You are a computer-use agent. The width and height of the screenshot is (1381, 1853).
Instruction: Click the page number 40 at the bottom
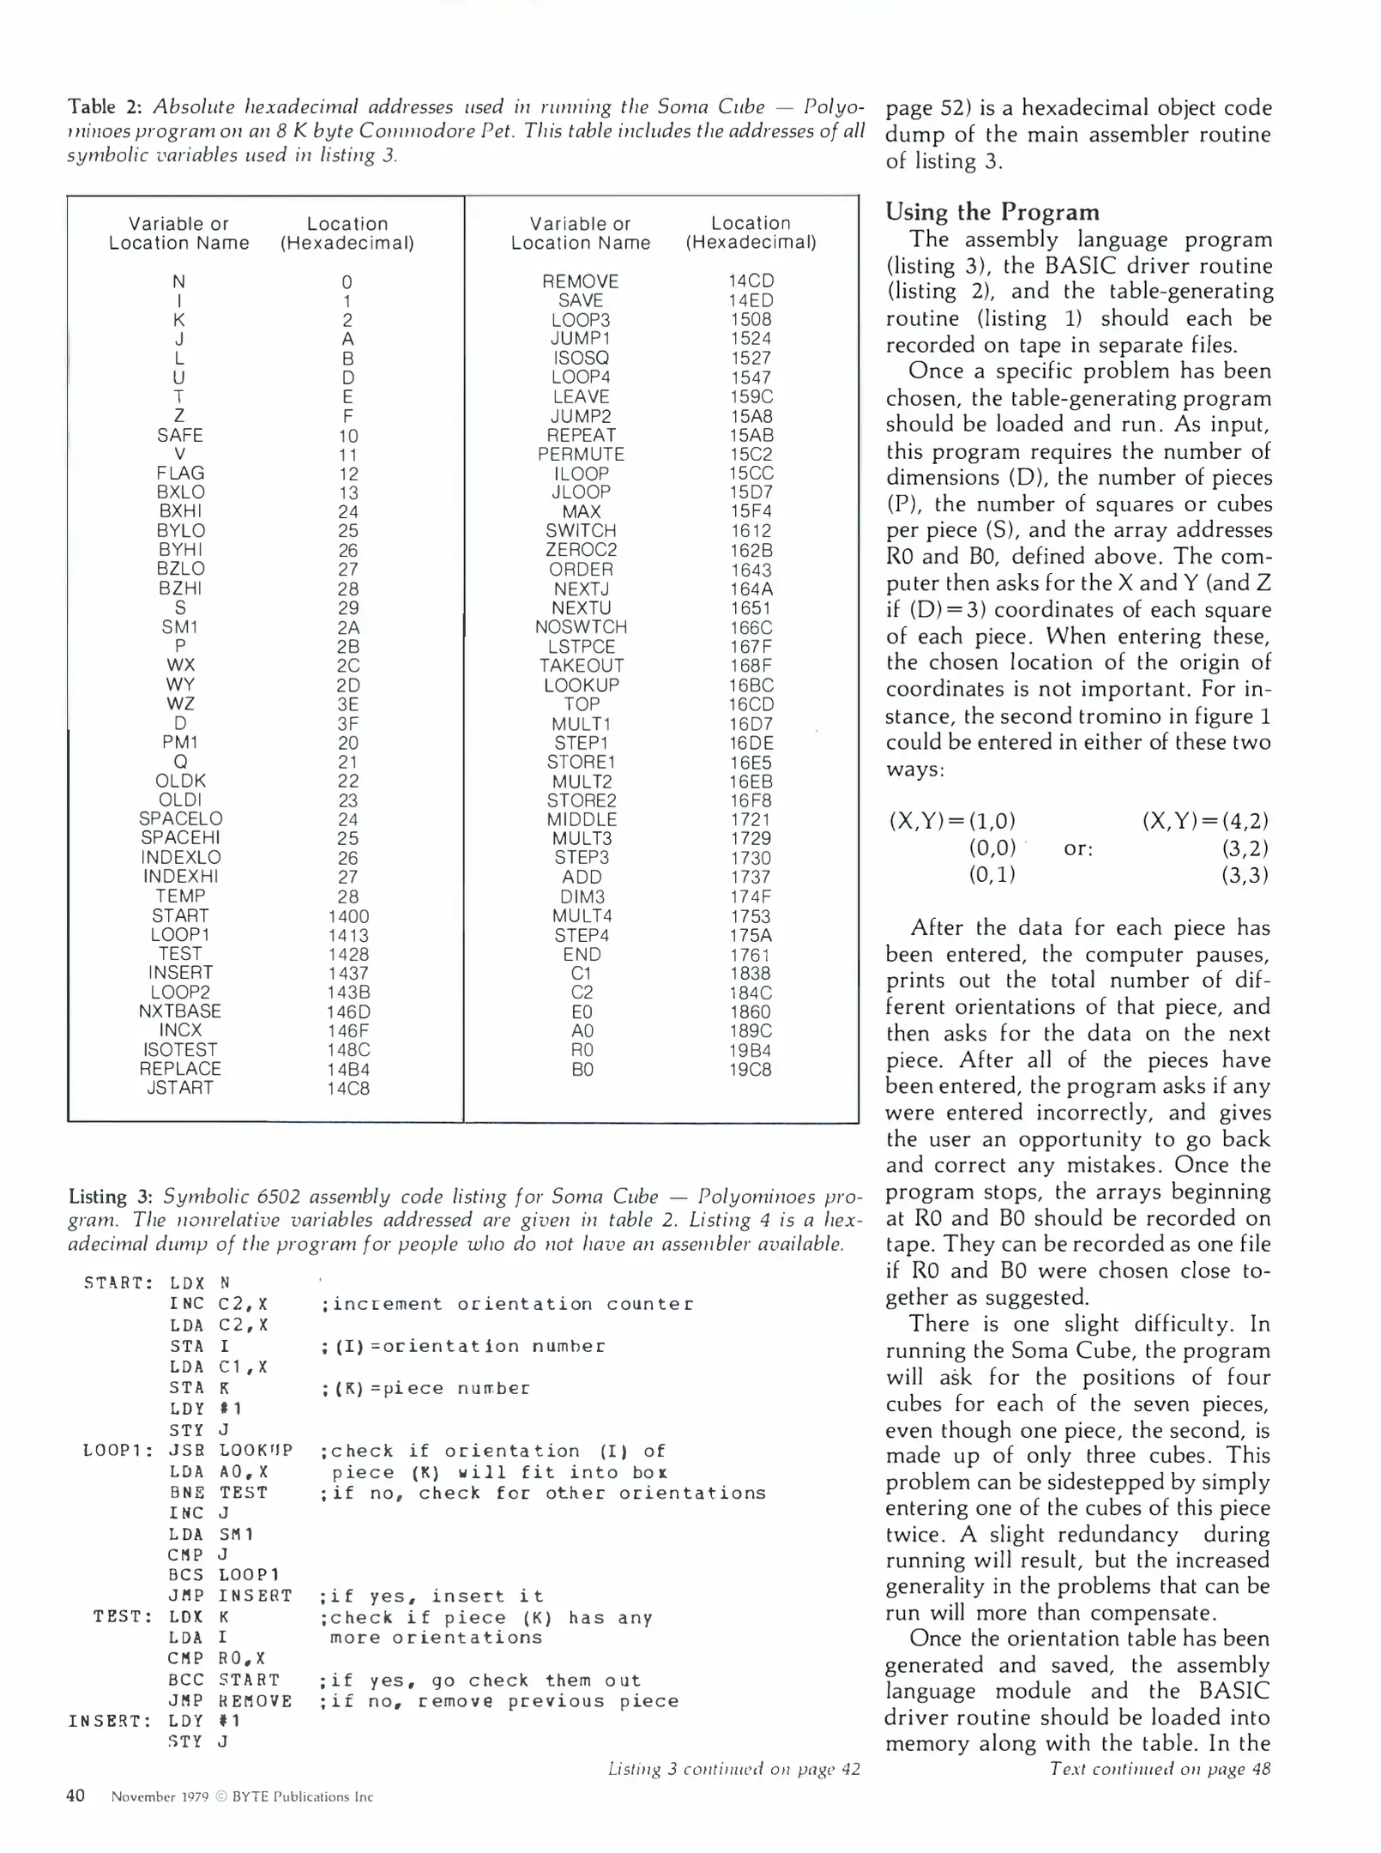pyautogui.click(x=75, y=1796)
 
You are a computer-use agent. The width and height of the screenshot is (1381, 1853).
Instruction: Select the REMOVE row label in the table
pyautogui.click(x=580, y=281)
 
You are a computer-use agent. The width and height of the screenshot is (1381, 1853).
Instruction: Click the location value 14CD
pyautogui.click(x=750, y=281)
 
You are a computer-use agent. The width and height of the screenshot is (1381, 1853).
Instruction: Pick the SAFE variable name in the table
pyautogui.click(x=179, y=435)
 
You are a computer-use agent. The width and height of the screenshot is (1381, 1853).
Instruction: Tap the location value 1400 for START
pyautogui.click(x=347, y=916)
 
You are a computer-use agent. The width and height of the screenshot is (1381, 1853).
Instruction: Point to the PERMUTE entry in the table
pyautogui.click(x=581, y=455)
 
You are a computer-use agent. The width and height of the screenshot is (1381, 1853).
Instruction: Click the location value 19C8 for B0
pyautogui.click(x=750, y=1070)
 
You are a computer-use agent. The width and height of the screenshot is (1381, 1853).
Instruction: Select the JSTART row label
pyautogui.click(x=179, y=1088)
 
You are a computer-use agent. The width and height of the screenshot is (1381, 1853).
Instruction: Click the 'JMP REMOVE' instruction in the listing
pyautogui.click(x=230, y=1700)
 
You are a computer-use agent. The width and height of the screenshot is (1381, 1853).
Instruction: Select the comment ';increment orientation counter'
pyautogui.click(x=507, y=1304)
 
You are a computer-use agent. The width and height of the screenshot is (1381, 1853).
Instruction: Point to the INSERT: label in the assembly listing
pyautogui.click(x=111, y=1721)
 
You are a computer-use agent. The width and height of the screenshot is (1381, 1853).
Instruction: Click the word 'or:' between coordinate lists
pyautogui.click(x=1078, y=848)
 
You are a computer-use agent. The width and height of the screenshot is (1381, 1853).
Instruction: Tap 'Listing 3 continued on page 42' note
pyautogui.click(x=733, y=1769)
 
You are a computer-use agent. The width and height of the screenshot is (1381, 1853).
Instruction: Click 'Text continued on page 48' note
pyautogui.click(x=1160, y=1769)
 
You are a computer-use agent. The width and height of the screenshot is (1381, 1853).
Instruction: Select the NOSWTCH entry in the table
pyautogui.click(x=581, y=627)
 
